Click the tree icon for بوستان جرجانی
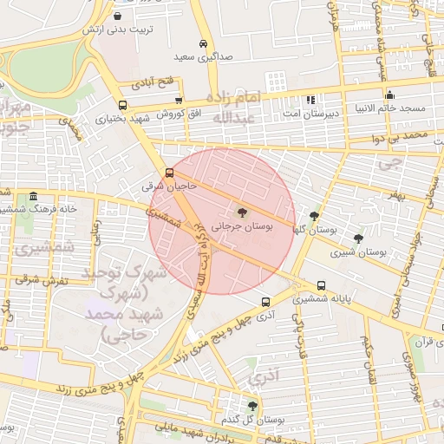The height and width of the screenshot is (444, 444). (x=242, y=212)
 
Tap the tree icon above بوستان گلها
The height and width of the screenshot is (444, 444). (x=314, y=217)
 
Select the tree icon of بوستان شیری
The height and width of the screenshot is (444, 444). (x=358, y=238)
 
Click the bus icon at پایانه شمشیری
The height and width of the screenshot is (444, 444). (x=322, y=285)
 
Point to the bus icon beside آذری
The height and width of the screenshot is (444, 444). (x=265, y=303)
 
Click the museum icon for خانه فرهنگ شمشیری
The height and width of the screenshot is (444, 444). (x=33, y=196)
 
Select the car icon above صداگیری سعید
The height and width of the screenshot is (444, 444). (x=203, y=43)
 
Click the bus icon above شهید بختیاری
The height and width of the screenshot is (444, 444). (x=121, y=105)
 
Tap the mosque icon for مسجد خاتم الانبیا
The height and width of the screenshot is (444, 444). (x=389, y=95)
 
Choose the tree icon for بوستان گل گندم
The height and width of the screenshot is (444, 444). (x=252, y=406)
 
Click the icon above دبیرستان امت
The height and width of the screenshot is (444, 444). (x=310, y=100)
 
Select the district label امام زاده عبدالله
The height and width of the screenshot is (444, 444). (x=232, y=107)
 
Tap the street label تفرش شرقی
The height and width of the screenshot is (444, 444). (x=36, y=279)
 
